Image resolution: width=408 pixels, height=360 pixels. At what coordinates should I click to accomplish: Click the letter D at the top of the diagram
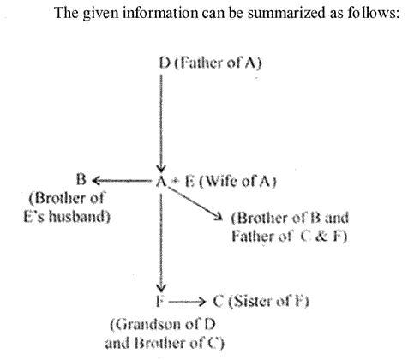[x=165, y=63]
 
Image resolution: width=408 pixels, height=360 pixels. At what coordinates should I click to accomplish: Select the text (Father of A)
[x=218, y=63]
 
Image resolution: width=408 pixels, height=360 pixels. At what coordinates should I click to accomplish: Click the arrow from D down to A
[x=161, y=123]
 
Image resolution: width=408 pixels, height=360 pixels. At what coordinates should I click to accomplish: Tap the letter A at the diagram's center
[x=161, y=181]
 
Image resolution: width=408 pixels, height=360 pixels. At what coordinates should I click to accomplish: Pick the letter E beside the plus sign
[x=189, y=181]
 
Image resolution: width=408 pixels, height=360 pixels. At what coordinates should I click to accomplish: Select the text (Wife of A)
[x=237, y=181]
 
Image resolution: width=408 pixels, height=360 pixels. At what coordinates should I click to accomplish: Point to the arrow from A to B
[x=122, y=181]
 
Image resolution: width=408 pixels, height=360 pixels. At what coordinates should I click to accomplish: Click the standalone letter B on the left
[x=81, y=180]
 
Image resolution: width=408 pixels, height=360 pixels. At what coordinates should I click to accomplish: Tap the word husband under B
[x=79, y=216]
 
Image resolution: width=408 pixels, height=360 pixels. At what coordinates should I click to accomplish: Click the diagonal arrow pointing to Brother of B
[x=195, y=203]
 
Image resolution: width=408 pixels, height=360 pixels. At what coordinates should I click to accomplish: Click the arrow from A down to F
[x=161, y=243]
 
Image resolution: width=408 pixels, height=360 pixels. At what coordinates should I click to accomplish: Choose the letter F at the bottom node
[x=160, y=302]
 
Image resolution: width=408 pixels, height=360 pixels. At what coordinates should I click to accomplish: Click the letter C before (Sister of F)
[x=219, y=302]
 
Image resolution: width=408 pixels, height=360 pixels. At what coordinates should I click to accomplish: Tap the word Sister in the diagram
[x=250, y=302]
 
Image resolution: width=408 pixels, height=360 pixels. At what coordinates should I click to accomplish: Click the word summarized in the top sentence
[x=286, y=13]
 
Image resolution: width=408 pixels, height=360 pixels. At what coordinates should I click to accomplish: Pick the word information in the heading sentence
[x=160, y=13]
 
